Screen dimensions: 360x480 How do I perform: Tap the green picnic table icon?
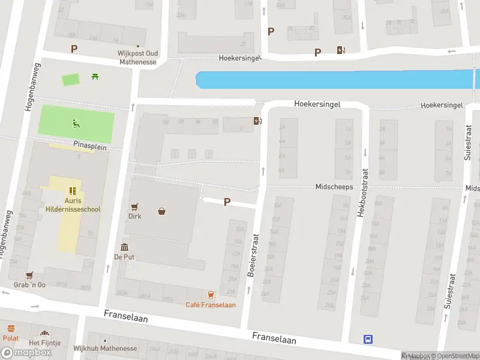coord(95,76)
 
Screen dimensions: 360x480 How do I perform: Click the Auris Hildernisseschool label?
coord(73,205)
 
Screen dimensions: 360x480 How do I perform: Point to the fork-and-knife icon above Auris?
coord(73,191)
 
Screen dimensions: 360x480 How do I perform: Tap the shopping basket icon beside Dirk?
coord(161,211)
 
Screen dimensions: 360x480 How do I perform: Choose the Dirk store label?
coord(135,216)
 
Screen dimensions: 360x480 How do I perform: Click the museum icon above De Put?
coord(124,247)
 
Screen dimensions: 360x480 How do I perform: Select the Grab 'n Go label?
coord(30,284)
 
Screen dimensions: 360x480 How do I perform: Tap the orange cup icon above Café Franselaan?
coord(211,295)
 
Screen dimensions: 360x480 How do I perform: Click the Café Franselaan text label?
coord(211,305)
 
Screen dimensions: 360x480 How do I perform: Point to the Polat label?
coord(11,338)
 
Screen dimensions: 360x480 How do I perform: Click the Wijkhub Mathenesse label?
coord(105,349)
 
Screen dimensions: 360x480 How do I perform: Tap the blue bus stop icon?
coord(368,339)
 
